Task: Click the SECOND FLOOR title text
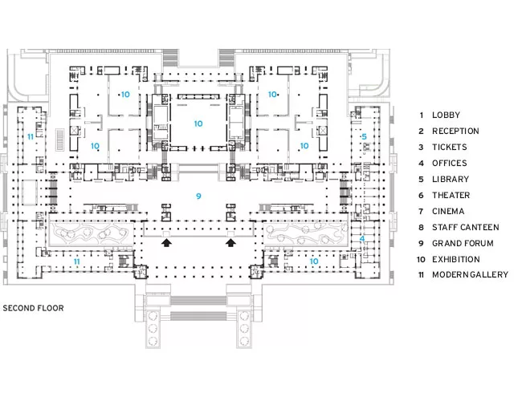click(x=33, y=308)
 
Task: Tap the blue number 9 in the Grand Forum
click(x=198, y=196)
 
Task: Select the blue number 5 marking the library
click(x=364, y=136)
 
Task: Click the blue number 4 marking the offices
click(x=362, y=239)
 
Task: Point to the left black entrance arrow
click(x=166, y=243)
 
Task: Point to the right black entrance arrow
click(x=230, y=243)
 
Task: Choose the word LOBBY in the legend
click(x=446, y=115)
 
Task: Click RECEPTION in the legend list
click(x=455, y=131)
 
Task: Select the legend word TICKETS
click(x=450, y=147)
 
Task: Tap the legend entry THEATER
click(x=451, y=195)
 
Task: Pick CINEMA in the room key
click(x=448, y=211)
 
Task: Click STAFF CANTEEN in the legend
click(x=466, y=228)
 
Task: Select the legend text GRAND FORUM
click(x=463, y=243)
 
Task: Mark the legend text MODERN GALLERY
click(x=470, y=274)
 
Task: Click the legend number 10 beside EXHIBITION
click(x=421, y=259)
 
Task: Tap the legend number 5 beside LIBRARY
click(x=421, y=179)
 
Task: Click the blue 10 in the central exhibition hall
click(x=198, y=124)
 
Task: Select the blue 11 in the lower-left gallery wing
click(x=76, y=261)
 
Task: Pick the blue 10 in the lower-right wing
click(x=314, y=261)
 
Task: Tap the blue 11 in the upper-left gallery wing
click(x=31, y=136)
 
